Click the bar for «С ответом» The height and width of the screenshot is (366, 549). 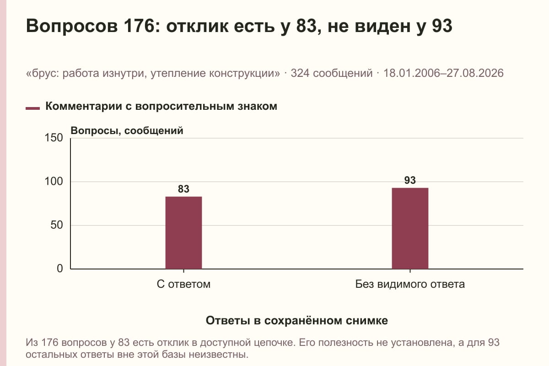[183, 233]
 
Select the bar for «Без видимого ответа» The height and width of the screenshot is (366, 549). [410, 228]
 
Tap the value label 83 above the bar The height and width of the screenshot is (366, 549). [183, 189]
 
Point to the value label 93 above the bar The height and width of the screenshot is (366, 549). [410, 180]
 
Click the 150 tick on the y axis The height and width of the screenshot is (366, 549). [54, 138]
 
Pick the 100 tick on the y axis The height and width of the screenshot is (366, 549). [54, 182]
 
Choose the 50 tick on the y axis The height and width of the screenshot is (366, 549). [57, 225]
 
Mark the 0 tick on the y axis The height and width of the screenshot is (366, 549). [60, 269]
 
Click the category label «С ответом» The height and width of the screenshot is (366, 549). [183, 284]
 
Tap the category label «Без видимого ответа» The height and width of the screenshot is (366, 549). [410, 284]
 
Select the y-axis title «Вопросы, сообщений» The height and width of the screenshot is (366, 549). [127, 131]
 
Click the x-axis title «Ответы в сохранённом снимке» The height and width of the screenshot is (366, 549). [297, 320]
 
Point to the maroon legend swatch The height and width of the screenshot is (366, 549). [32, 108]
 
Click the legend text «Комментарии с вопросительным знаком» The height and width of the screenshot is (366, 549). [161, 106]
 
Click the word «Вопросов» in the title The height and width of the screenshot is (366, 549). [72, 26]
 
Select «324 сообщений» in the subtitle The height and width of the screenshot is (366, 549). [332, 73]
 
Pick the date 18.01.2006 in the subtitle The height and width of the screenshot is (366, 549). [413, 73]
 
